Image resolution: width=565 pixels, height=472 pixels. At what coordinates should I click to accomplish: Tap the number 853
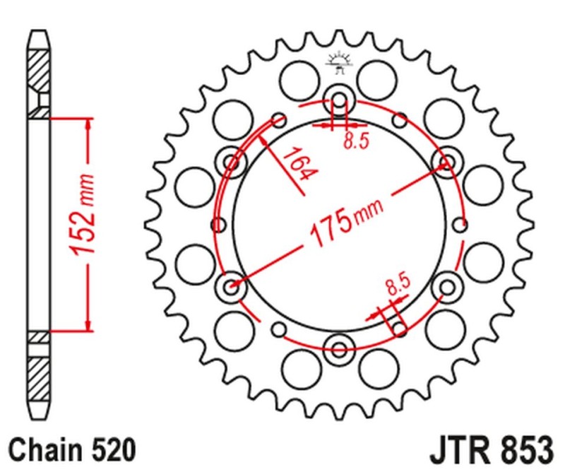pyautogui.click(x=523, y=449)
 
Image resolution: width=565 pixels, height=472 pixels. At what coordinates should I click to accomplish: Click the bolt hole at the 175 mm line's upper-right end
pyautogui.click(x=446, y=163)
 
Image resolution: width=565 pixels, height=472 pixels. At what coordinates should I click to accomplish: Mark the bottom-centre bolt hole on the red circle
pyautogui.click(x=338, y=348)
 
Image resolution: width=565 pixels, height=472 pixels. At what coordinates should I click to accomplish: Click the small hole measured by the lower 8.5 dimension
pyautogui.click(x=399, y=329)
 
